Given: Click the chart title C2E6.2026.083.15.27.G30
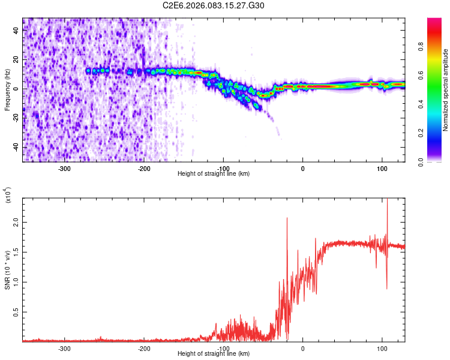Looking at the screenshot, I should pyautogui.click(x=214, y=6).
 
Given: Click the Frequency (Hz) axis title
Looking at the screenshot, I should pyautogui.click(x=8, y=90).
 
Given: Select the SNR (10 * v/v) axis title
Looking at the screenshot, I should pyautogui.click(x=8, y=268).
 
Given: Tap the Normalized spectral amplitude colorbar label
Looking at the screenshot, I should pyautogui.click(x=446, y=90).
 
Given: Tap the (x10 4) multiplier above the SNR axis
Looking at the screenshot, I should pyautogui.click(x=8, y=194).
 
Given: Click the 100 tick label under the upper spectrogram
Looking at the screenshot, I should pyautogui.click(x=382, y=168).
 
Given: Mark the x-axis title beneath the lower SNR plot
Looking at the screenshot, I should pyautogui.click(x=214, y=354).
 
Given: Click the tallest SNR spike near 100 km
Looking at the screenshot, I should pyautogui.click(x=387, y=200).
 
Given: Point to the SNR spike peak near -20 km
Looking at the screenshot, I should pyautogui.click(x=287, y=218).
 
